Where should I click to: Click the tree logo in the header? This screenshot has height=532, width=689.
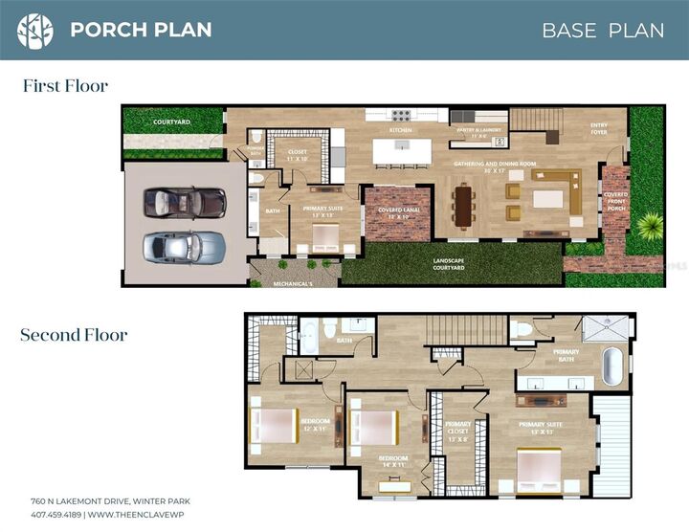35,30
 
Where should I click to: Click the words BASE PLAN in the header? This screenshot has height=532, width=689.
602,30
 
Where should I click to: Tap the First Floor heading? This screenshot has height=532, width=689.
65,86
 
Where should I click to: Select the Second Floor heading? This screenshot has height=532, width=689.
74,335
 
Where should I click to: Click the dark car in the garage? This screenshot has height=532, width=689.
185,202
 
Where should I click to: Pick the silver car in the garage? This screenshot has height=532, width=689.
185,248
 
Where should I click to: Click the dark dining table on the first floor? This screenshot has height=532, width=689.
464,206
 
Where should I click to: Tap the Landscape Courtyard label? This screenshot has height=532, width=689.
449,264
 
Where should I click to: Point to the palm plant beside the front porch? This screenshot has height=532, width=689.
651,227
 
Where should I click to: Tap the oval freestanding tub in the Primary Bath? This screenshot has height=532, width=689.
612,366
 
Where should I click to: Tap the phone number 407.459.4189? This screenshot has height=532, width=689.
56,514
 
